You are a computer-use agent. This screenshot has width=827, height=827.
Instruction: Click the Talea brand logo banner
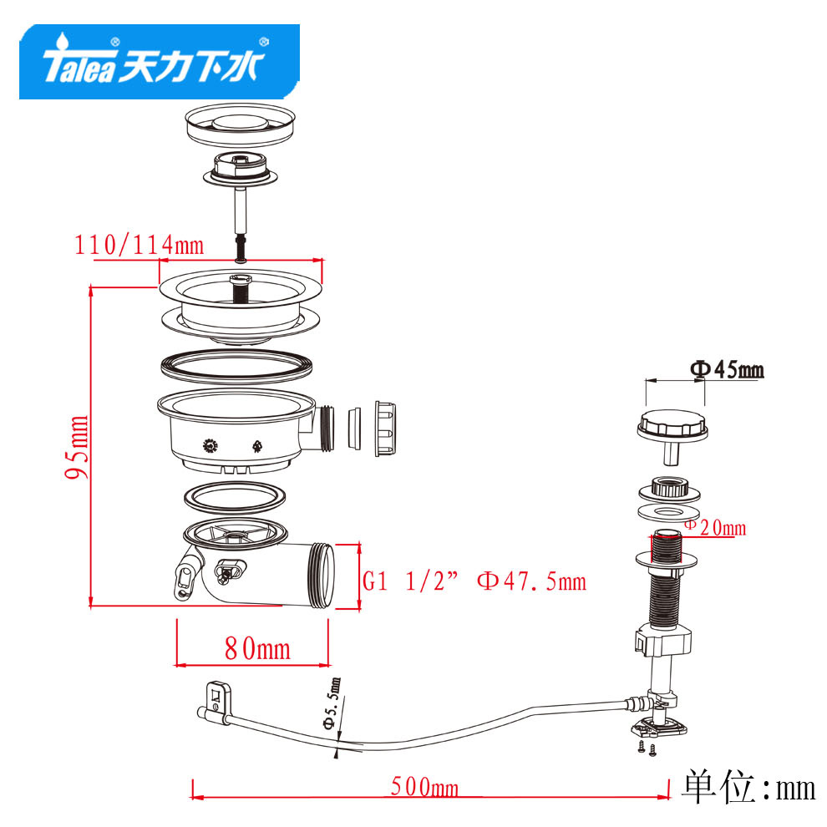coord(160,62)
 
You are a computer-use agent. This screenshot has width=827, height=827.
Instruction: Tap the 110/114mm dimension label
coord(139,246)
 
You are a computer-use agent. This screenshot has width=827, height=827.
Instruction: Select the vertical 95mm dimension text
coord(77,447)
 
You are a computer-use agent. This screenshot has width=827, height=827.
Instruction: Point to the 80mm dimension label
coord(257,648)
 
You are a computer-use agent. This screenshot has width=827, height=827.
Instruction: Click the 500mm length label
coord(424,787)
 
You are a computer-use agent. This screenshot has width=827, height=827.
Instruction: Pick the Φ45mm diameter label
coord(727,369)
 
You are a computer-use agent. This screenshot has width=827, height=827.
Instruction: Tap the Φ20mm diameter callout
coord(716,527)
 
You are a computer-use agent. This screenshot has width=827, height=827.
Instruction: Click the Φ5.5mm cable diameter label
coord(332,704)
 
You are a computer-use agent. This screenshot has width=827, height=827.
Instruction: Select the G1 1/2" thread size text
coord(410,581)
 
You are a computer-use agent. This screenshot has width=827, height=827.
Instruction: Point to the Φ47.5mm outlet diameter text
coord(531,581)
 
